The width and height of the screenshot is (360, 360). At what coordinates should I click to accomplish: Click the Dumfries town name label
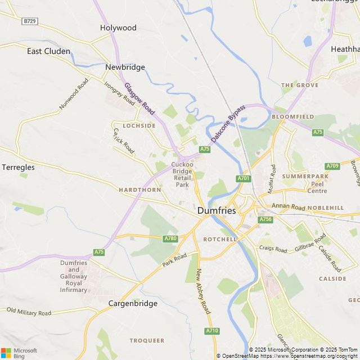coord(217,210)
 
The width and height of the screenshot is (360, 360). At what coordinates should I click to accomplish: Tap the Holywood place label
coord(118,28)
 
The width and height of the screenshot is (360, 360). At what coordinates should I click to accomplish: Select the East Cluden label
coord(49,51)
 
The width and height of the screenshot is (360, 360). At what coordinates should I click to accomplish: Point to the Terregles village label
coord(18,167)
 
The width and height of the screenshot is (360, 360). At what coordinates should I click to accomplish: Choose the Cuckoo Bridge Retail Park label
coord(182,174)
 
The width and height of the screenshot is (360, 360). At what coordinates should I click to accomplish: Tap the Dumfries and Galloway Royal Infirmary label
coord(74,276)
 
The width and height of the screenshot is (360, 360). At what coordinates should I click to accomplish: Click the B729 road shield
coord(30,21)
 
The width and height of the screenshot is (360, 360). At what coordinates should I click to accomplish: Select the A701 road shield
coord(243,178)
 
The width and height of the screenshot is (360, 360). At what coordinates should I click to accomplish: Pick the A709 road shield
coord(332,166)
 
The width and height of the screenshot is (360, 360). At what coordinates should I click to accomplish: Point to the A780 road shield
coord(170,239)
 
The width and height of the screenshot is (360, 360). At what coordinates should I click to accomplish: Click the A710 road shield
coord(211,331)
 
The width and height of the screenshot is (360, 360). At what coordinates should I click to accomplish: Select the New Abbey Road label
coord(203,291)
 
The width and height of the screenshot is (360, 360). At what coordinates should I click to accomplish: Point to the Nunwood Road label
coord(74,94)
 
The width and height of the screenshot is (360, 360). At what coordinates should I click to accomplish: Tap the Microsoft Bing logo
coord(19,353)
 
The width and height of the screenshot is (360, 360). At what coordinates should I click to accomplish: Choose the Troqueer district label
coord(147,340)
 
